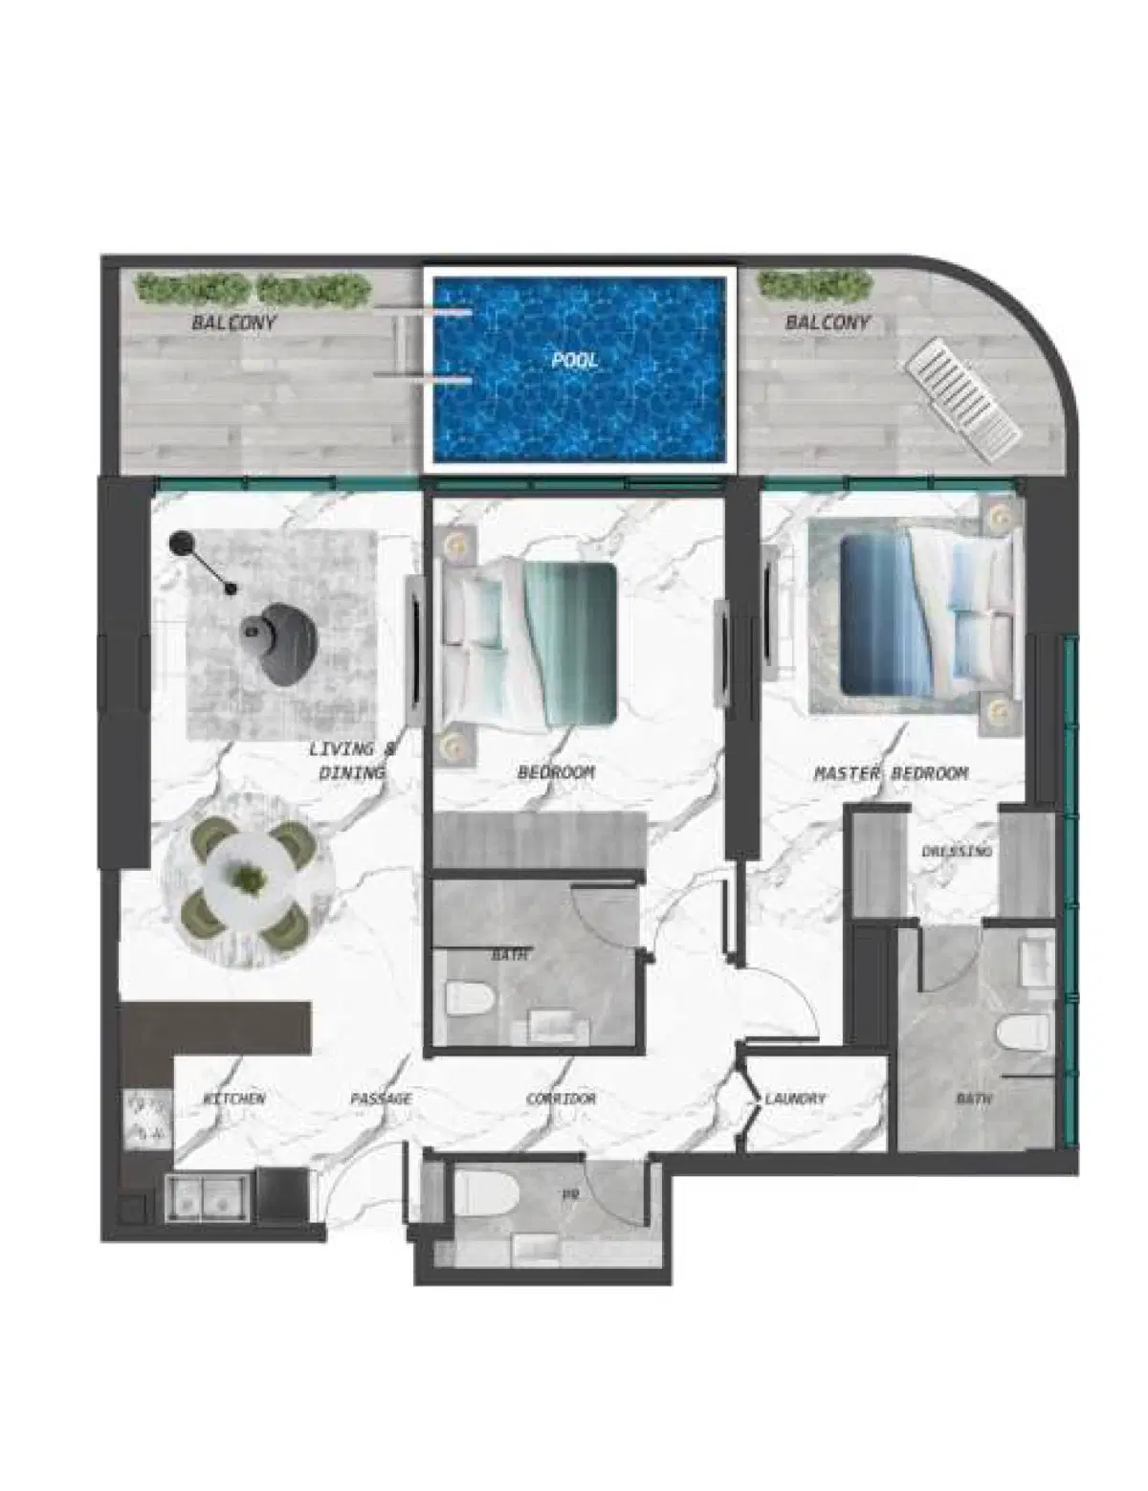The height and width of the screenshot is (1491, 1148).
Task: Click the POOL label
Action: click(x=575, y=361)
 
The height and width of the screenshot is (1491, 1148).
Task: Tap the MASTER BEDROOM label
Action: click(x=891, y=773)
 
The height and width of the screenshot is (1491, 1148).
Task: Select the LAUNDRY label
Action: click(x=795, y=1099)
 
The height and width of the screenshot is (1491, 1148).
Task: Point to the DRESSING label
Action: click(x=956, y=851)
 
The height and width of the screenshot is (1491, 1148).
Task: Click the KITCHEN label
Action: click(x=234, y=1099)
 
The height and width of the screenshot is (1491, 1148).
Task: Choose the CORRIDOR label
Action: click(x=562, y=1099)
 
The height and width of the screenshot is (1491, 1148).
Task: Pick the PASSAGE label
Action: click(x=381, y=1099)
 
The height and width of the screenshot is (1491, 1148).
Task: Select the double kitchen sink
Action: click(x=208, y=1196)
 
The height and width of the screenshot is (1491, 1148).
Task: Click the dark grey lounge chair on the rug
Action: click(x=282, y=643)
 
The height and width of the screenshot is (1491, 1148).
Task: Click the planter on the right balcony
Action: click(x=814, y=284)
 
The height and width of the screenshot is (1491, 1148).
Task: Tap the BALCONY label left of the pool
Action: click(x=233, y=323)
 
